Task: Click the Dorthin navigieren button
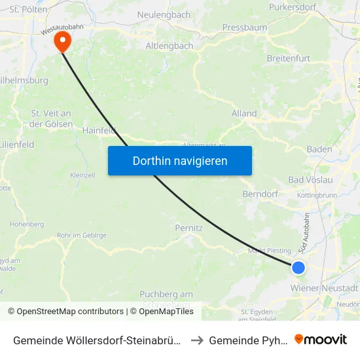[x=179, y=160]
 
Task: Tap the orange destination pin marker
[x=63, y=41]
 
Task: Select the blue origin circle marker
[x=298, y=267]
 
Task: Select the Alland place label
[x=244, y=113]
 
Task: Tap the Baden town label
[x=319, y=149]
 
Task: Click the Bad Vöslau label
[x=311, y=180]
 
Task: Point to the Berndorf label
[x=260, y=194]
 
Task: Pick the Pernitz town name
[x=189, y=228]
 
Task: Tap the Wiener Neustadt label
[x=325, y=288]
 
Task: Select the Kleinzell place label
[x=82, y=175]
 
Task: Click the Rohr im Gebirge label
[x=81, y=236]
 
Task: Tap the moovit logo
[x=320, y=339]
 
